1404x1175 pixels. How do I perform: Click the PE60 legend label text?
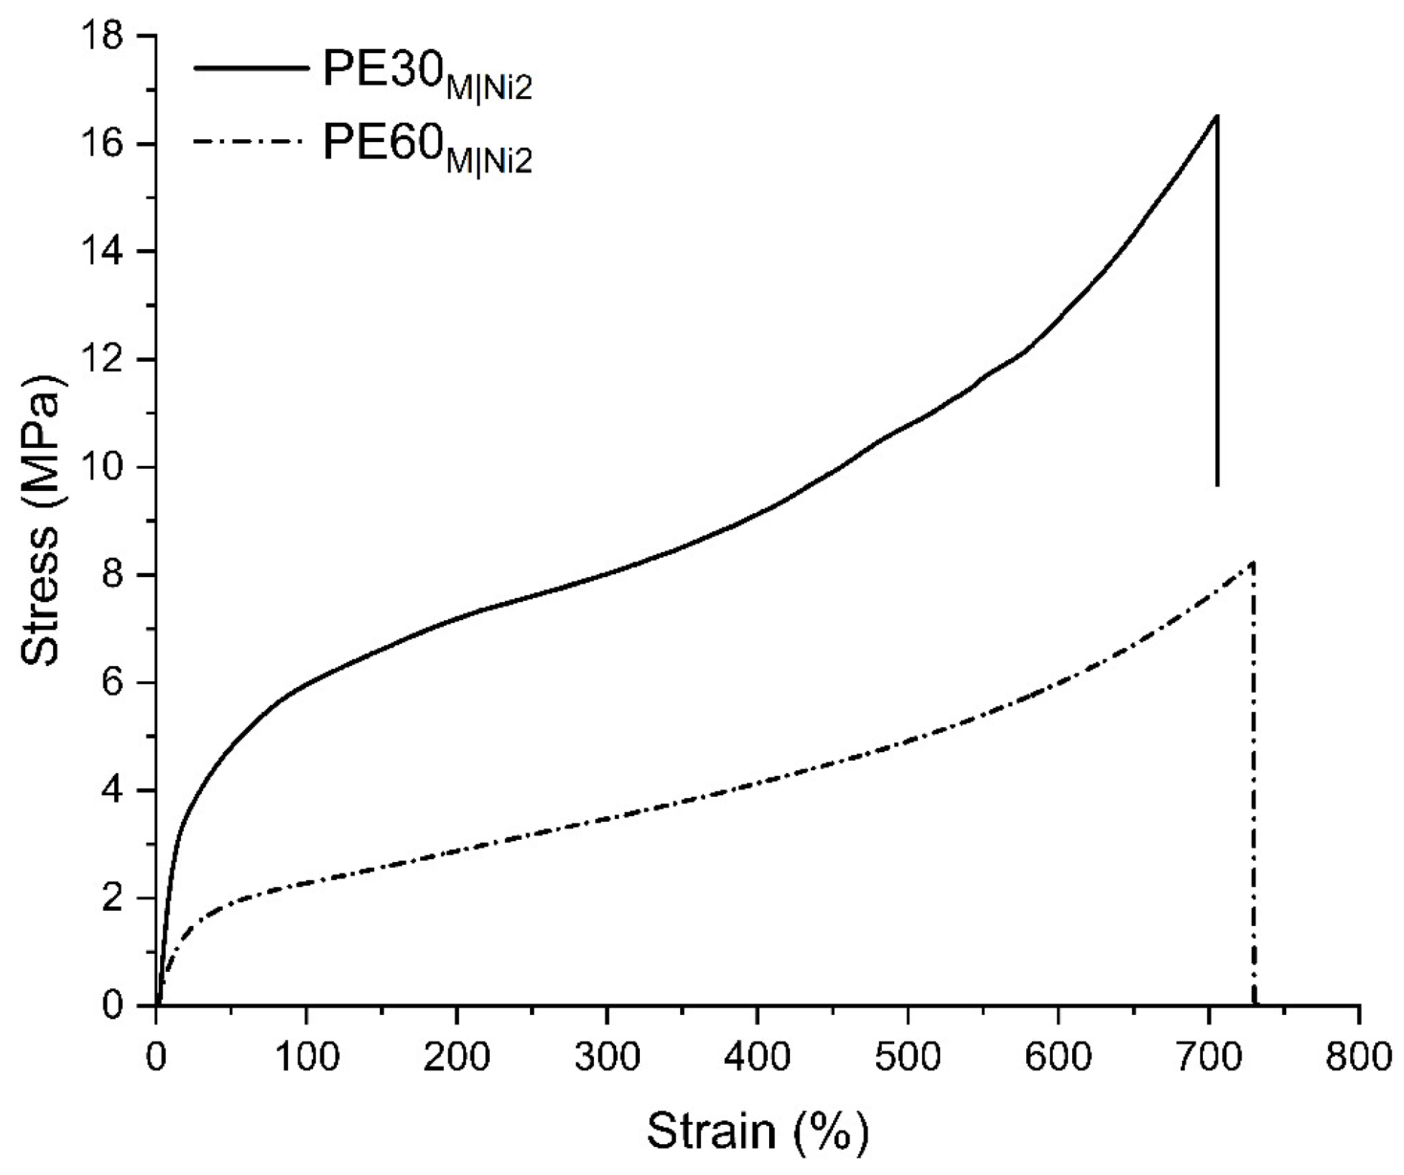point(427,148)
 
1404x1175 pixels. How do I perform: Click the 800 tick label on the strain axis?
point(1358,1057)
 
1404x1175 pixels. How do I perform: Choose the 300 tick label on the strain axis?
point(607,1057)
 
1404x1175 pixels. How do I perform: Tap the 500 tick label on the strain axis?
point(908,1057)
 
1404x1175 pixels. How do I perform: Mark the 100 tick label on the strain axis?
point(307,1057)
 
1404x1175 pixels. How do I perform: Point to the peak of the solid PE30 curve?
point(1217,116)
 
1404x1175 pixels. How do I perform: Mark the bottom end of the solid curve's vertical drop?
point(1217,485)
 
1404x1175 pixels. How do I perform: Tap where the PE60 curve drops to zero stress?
point(1255,1003)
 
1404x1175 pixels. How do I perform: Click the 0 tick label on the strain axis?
point(156,1057)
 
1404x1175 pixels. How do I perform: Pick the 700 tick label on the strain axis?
point(1209,1057)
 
